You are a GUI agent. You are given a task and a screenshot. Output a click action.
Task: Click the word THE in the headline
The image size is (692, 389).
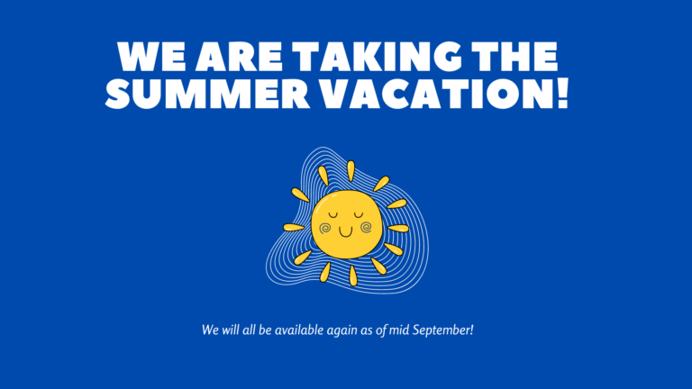click(513, 57)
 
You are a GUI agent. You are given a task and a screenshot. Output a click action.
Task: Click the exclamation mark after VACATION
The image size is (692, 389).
click(563, 93)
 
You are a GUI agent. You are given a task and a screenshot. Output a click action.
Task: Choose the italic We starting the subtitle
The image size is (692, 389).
click(210, 330)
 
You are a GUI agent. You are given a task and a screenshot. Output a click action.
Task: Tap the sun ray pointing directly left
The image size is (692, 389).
click(294, 227)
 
